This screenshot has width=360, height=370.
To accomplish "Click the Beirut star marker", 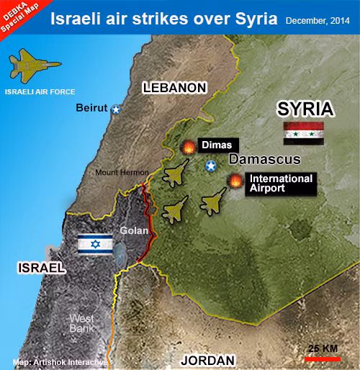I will pyautogui.click(x=115, y=109).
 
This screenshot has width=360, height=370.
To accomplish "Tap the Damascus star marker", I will pyautogui.click(x=211, y=167).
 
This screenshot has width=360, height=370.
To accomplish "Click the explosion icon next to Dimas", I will pyautogui.click(x=189, y=148).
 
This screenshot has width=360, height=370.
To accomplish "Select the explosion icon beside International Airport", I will pyautogui.click(x=235, y=182).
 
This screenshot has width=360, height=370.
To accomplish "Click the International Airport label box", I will pyautogui.click(x=281, y=184).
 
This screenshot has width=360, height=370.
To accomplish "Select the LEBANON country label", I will pyautogui.click(x=174, y=88).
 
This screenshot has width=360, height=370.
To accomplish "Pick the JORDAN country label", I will pyautogui.click(x=207, y=360).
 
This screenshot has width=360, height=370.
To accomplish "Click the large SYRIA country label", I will pyautogui.click(x=306, y=109).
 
